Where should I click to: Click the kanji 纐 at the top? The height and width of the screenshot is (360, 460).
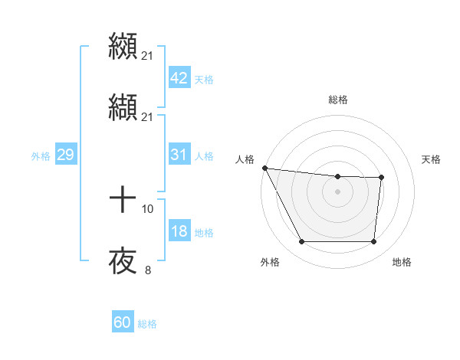pyautogui.click(x=123, y=45)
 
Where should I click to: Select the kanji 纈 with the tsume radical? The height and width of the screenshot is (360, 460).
pyautogui.click(x=123, y=107)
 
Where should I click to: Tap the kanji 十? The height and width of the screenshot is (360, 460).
pyautogui.click(x=123, y=201)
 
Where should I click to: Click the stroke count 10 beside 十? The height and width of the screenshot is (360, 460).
pyautogui.click(x=148, y=208)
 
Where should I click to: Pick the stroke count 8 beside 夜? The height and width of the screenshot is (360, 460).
pyautogui.click(x=148, y=270)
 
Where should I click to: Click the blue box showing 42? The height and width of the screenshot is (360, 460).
pyautogui.click(x=179, y=78)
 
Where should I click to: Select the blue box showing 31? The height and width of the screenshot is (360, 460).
pyautogui.click(x=179, y=155)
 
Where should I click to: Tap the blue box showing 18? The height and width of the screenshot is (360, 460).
pyautogui.click(x=179, y=231)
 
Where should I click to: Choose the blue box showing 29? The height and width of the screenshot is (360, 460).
pyautogui.click(x=65, y=155)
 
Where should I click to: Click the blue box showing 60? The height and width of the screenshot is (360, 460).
pyautogui.click(x=123, y=322)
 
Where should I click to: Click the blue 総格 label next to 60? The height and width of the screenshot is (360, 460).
pyautogui.click(x=147, y=324)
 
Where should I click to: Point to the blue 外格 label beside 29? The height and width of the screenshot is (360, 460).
pyautogui.click(x=41, y=155)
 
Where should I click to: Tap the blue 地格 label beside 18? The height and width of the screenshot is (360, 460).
pyautogui.click(x=204, y=232)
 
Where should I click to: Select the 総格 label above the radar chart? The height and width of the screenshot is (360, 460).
pyautogui.click(x=337, y=100)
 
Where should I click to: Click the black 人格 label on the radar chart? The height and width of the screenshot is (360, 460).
pyautogui.click(x=245, y=159)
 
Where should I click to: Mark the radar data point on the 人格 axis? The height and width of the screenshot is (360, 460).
pyautogui.click(x=264, y=168)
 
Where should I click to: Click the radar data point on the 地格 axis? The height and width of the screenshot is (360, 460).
pyautogui.click(x=373, y=242)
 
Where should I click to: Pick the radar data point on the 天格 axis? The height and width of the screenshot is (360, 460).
pyautogui.click(x=381, y=178)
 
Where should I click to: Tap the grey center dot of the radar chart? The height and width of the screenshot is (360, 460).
pyautogui.click(x=337, y=191)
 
